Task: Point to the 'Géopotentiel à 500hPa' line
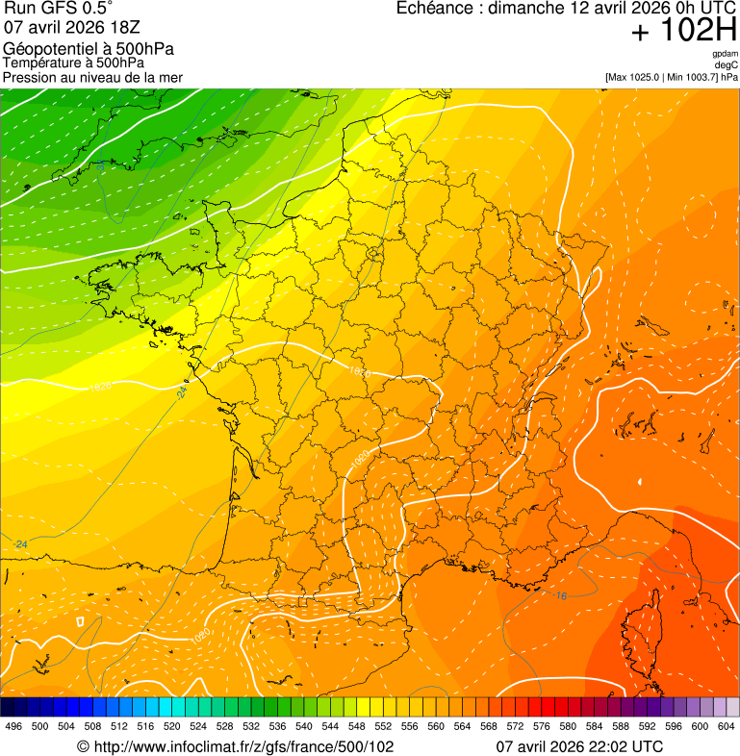(89, 49)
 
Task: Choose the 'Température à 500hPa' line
(73, 63)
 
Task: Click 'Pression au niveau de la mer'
(92, 77)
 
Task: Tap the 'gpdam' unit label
(725, 54)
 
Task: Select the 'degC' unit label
(727, 64)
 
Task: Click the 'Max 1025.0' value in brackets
(639, 77)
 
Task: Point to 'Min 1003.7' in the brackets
(691, 77)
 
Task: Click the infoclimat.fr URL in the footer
(242, 746)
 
